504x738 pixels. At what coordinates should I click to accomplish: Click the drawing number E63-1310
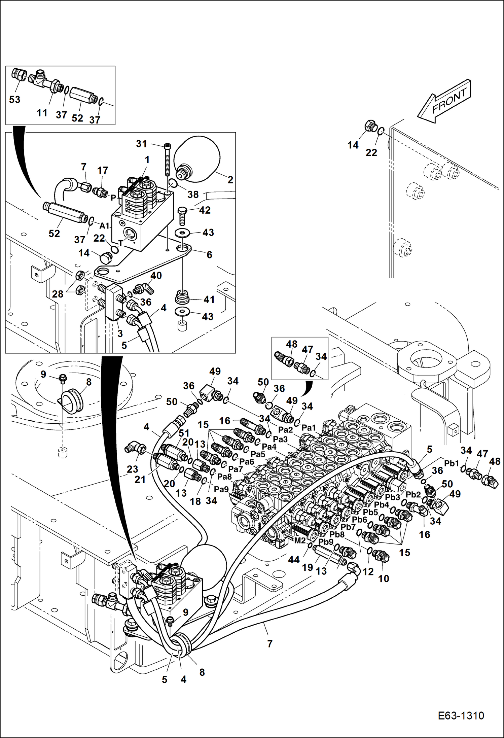pyautogui.click(x=461, y=715)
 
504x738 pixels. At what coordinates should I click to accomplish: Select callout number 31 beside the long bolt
pyautogui.click(x=142, y=144)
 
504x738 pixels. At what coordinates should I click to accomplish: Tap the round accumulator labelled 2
pyautogui.click(x=199, y=155)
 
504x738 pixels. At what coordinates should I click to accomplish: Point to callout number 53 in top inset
pyautogui.click(x=14, y=100)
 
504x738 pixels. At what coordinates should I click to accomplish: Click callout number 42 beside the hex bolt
pyautogui.click(x=205, y=210)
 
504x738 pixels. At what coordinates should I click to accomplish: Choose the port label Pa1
pyautogui.click(x=309, y=428)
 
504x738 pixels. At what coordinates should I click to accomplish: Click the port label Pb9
pyautogui.click(x=326, y=542)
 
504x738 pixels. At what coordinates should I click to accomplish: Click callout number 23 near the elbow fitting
pyautogui.click(x=132, y=469)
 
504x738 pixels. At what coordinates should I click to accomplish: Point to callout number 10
pyautogui.click(x=384, y=578)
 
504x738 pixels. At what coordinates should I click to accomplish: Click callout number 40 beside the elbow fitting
pyautogui.click(x=156, y=275)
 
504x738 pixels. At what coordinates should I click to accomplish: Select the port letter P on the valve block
pyautogui.click(x=113, y=198)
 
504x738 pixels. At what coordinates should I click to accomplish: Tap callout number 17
pyautogui.click(x=103, y=170)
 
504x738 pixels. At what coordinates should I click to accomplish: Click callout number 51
pyautogui.click(x=184, y=433)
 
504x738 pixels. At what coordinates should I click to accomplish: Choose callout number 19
pyautogui.click(x=308, y=567)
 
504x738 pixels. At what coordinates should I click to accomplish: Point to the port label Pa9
pyautogui.click(x=221, y=489)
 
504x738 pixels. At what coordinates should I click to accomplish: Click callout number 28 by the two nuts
pyautogui.click(x=58, y=294)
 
